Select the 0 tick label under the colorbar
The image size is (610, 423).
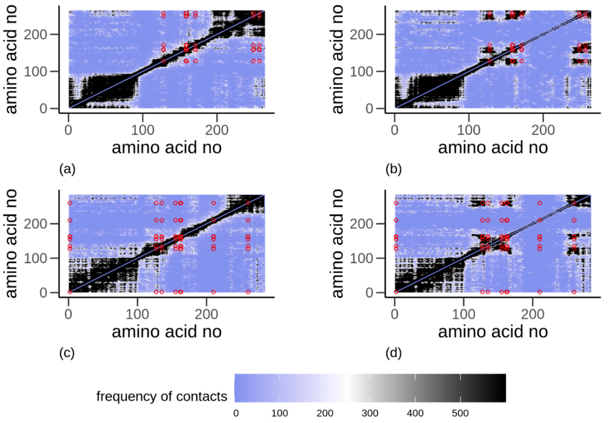[x=236, y=413]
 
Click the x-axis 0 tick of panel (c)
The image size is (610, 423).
[x=68, y=314]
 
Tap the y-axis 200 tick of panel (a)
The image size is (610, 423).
[x=36, y=34]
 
